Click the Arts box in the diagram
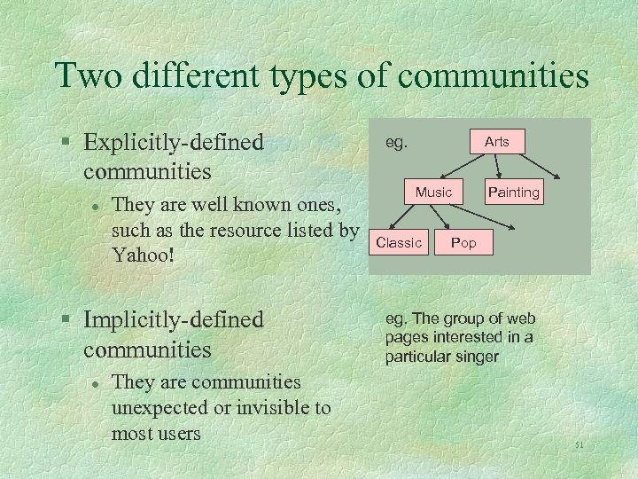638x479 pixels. point(497,142)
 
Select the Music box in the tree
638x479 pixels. point(433,192)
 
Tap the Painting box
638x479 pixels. point(514,192)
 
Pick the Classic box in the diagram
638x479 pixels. point(399,242)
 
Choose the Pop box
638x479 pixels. point(463,242)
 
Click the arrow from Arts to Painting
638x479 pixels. point(501,167)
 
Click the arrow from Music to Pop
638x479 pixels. point(447,217)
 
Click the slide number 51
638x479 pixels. point(580,444)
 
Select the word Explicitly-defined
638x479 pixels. point(174,142)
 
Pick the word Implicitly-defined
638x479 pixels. point(174,318)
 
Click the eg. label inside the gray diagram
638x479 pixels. point(396,142)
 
